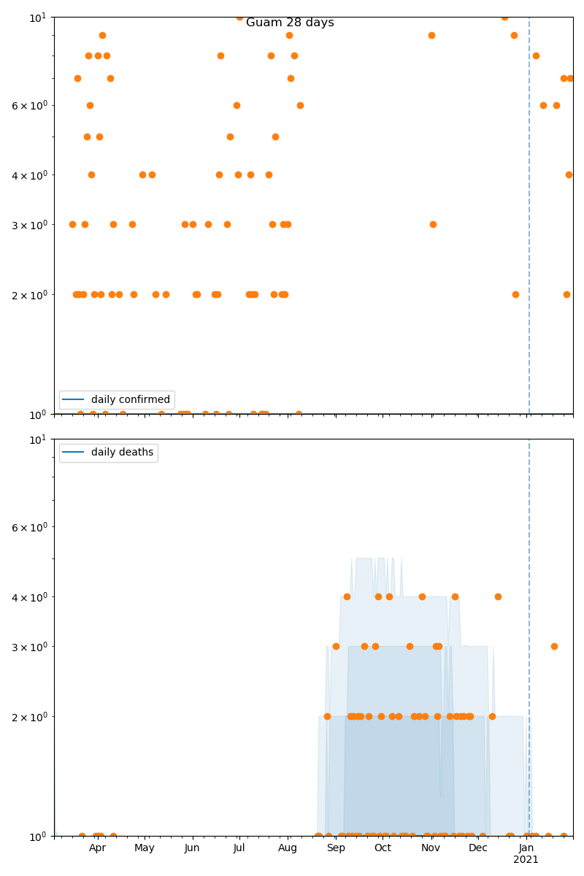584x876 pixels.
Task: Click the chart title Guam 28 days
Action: [290, 23]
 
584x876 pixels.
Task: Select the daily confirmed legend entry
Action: [130, 399]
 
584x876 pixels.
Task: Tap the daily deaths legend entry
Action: [122, 453]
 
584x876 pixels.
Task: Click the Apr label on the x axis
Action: [98, 848]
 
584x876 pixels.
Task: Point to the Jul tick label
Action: [239, 848]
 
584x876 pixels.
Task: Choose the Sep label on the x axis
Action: [336, 848]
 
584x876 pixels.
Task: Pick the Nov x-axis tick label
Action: [431, 848]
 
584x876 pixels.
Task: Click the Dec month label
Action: [478, 848]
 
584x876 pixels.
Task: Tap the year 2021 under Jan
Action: [526, 860]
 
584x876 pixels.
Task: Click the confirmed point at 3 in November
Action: [433, 224]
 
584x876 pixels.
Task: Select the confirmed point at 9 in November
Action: [431, 35]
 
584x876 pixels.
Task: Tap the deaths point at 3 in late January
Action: [554, 646]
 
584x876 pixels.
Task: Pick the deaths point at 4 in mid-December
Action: [498, 596]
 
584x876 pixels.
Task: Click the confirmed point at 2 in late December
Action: [515, 294]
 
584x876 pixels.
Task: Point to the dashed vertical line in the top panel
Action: [529, 219]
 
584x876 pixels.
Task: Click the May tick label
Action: [145, 848]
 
